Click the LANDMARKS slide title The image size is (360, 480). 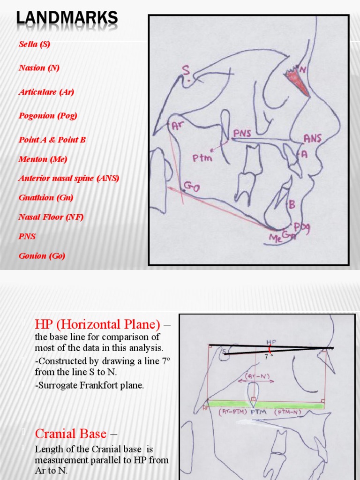pos(67,18)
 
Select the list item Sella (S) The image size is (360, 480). pos(34,44)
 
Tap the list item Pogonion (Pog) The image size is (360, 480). pos(48,115)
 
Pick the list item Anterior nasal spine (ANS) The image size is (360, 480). pos(69,178)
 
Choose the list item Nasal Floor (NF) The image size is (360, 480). pos(51,217)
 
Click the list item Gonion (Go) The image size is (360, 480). pos(42,255)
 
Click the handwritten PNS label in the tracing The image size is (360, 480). pos(242,133)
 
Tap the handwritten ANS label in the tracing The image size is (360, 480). pos(312,138)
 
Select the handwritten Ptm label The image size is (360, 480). pos(202,158)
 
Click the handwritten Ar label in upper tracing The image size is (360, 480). pos(177,126)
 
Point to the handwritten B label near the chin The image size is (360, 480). pos(292,204)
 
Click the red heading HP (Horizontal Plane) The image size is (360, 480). pos(97,324)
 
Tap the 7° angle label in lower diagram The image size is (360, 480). pos(268,357)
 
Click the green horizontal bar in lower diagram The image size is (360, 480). pos(265,404)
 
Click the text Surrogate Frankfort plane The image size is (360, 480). pos(89,385)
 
